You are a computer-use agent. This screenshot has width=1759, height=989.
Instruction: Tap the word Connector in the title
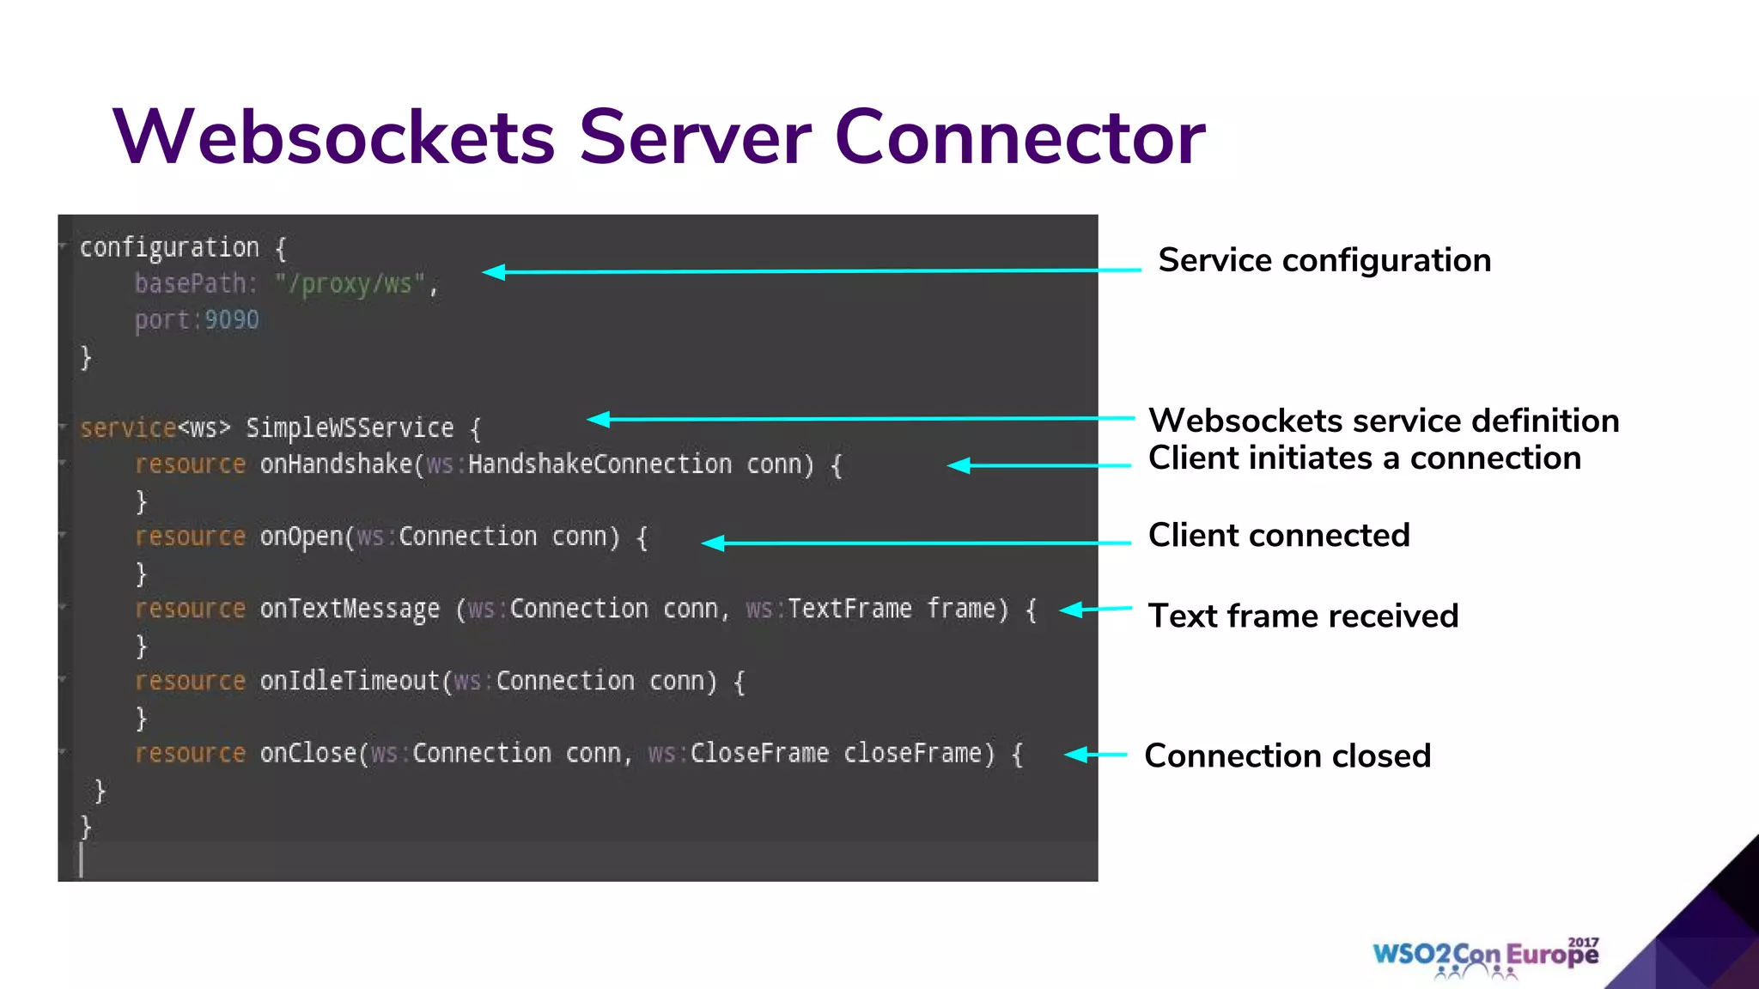(1019, 137)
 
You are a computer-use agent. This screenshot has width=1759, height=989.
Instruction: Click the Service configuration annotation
(1324, 260)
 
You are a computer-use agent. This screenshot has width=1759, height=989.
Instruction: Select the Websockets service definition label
(1383, 421)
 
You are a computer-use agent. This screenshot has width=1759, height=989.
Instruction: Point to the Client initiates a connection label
(1364, 458)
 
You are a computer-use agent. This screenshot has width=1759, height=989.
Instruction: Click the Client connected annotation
(1278, 536)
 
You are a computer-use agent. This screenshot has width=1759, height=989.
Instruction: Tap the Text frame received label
(1303, 616)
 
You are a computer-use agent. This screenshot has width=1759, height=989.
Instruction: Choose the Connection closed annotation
(1287, 756)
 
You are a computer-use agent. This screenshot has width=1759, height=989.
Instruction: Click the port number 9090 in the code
(232, 320)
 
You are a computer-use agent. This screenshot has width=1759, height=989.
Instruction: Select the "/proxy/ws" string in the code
(350, 284)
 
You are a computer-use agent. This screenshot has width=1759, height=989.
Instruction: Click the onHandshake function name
(336, 464)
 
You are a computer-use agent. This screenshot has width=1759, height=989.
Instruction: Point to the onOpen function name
(301, 537)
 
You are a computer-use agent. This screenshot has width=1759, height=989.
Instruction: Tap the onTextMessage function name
(350, 610)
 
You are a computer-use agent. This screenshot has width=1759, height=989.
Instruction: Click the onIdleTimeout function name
(350, 682)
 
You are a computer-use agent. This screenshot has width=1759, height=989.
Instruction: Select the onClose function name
(307, 754)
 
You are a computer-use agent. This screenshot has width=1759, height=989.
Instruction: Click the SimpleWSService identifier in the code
(350, 428)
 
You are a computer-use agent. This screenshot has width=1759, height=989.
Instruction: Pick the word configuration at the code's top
(169, 248)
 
